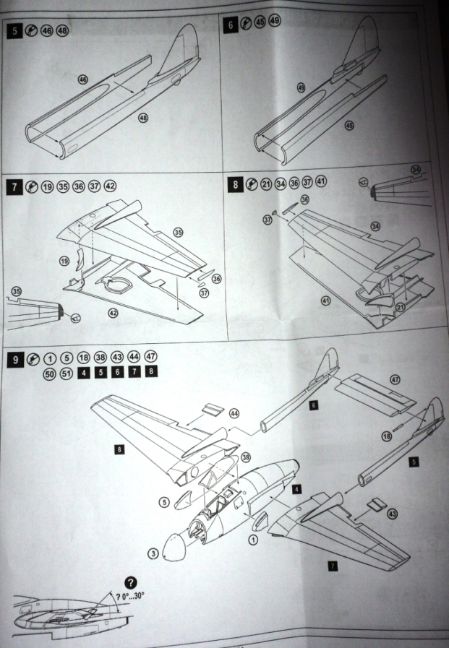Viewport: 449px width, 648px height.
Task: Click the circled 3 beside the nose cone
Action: [x=153, y=553]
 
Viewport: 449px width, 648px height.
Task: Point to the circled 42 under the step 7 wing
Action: [x=112, y=312]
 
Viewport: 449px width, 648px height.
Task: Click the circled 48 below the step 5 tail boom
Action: [x=142, y=118]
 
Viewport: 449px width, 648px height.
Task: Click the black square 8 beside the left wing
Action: [x=118, y=449]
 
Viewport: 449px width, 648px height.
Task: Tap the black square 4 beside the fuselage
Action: [x=296, y=489]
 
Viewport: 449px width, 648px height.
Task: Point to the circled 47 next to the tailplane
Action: [x=394, y=379]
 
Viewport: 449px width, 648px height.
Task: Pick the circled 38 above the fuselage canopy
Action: [x=245, y=457]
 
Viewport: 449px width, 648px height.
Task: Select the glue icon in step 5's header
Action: [x=31, y=33]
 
